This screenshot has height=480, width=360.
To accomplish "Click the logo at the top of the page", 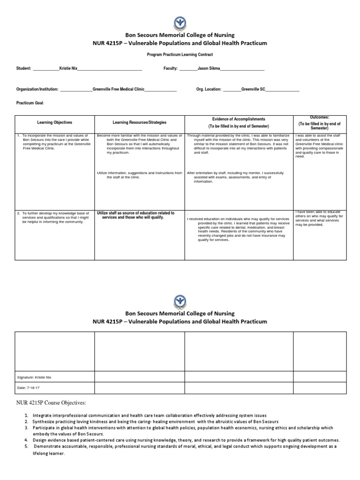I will [x=180, y=21].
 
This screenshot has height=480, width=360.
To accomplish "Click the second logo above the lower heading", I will [x=180, y=300].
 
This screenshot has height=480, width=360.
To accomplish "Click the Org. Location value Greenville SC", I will [x=253, y=89].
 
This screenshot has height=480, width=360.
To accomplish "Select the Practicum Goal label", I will [x=30, y=103].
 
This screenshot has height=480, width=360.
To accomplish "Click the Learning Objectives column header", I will [x=55, y=122].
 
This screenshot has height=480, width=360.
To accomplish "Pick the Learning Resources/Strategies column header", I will [x=139, y=122].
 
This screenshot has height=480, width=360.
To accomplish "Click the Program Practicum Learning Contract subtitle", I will [x=180, y=55].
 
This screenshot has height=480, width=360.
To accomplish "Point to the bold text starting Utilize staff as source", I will [x=135, y=215].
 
